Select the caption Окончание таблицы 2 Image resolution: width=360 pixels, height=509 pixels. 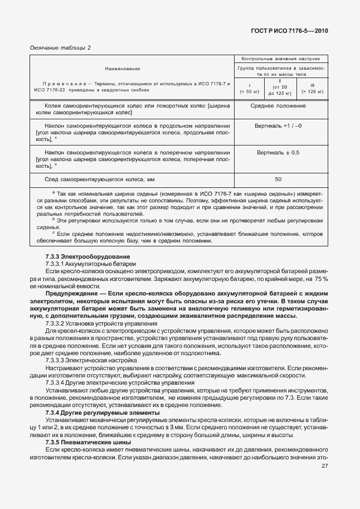(x=60, y=47)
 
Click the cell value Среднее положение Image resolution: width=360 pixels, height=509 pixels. (x=278, y=106)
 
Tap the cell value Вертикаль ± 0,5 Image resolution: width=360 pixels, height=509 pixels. (x=278, y=152)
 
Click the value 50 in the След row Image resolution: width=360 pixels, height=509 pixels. (x=278, y=179)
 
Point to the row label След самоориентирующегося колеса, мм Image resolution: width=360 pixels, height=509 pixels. (x=99, y=179)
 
